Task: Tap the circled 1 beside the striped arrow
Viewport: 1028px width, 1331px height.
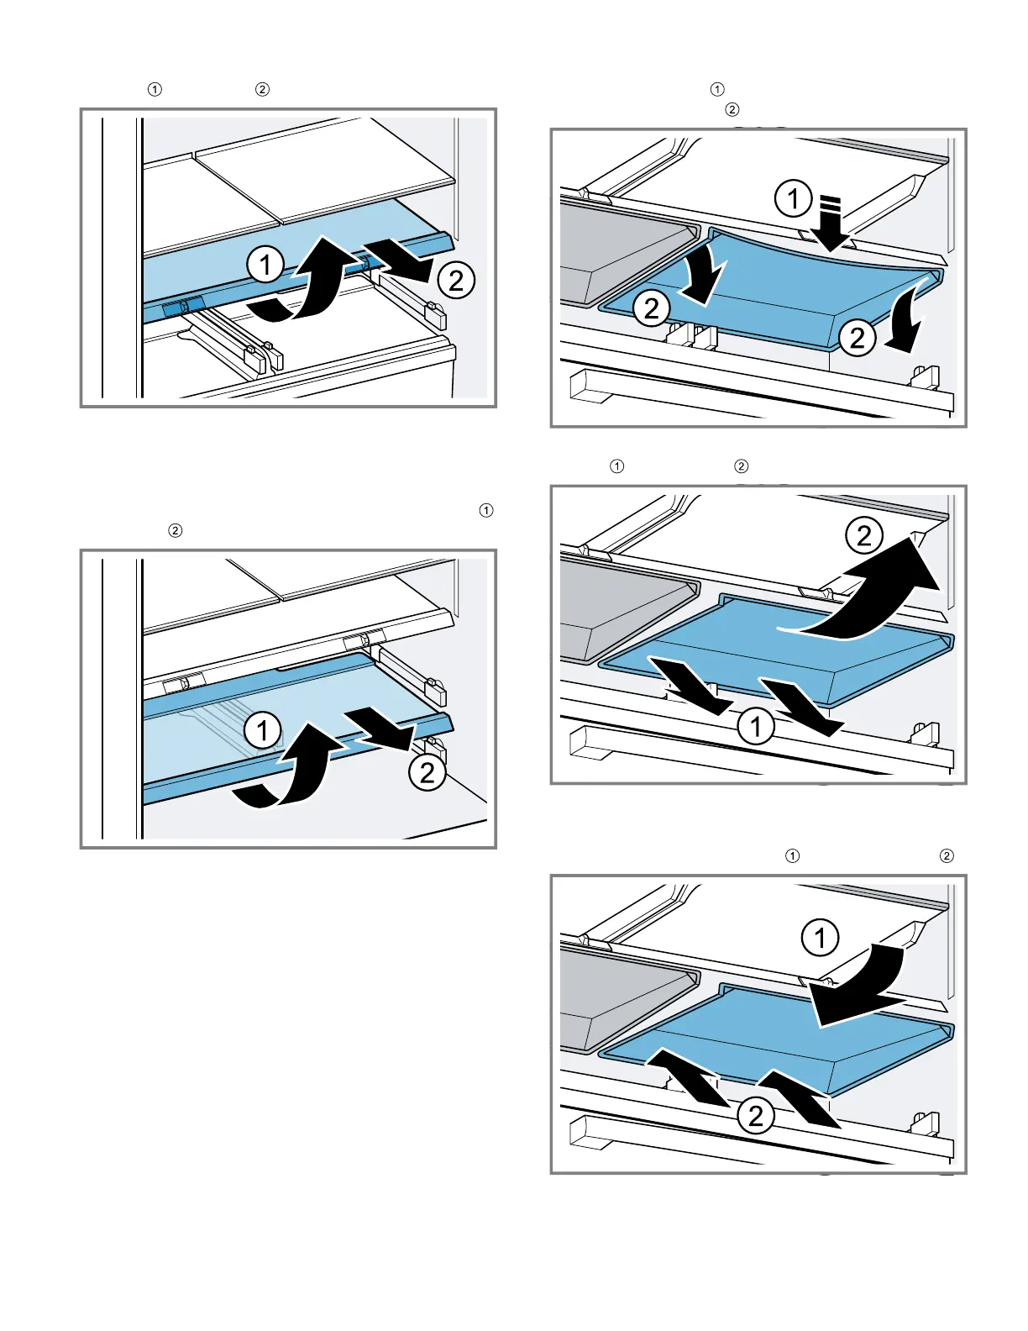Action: (x=792, y=199)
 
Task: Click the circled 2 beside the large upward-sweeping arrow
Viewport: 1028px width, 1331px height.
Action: (x=864, y=536)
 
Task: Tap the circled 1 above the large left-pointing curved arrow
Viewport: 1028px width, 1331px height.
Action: (x=821, y=938)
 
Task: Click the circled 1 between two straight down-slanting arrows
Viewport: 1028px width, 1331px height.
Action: (x=756, y=726)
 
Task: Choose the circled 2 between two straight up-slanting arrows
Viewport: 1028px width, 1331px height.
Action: (x=756, y=1116)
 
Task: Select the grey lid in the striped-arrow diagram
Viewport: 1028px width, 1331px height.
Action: (x=622, y=248)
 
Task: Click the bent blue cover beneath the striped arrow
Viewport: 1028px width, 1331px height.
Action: (x=781, y=286)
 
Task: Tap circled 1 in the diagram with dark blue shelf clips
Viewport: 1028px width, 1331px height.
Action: (x=265, y=266)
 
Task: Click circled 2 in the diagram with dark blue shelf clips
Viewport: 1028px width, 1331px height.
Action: (x=456, y=280)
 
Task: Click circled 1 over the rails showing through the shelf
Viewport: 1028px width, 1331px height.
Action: (x=262, y=730)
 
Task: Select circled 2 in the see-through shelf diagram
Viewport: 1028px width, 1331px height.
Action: (x=427, y=771)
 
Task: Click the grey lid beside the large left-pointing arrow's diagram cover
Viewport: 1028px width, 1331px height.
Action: (x=622, y=996)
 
